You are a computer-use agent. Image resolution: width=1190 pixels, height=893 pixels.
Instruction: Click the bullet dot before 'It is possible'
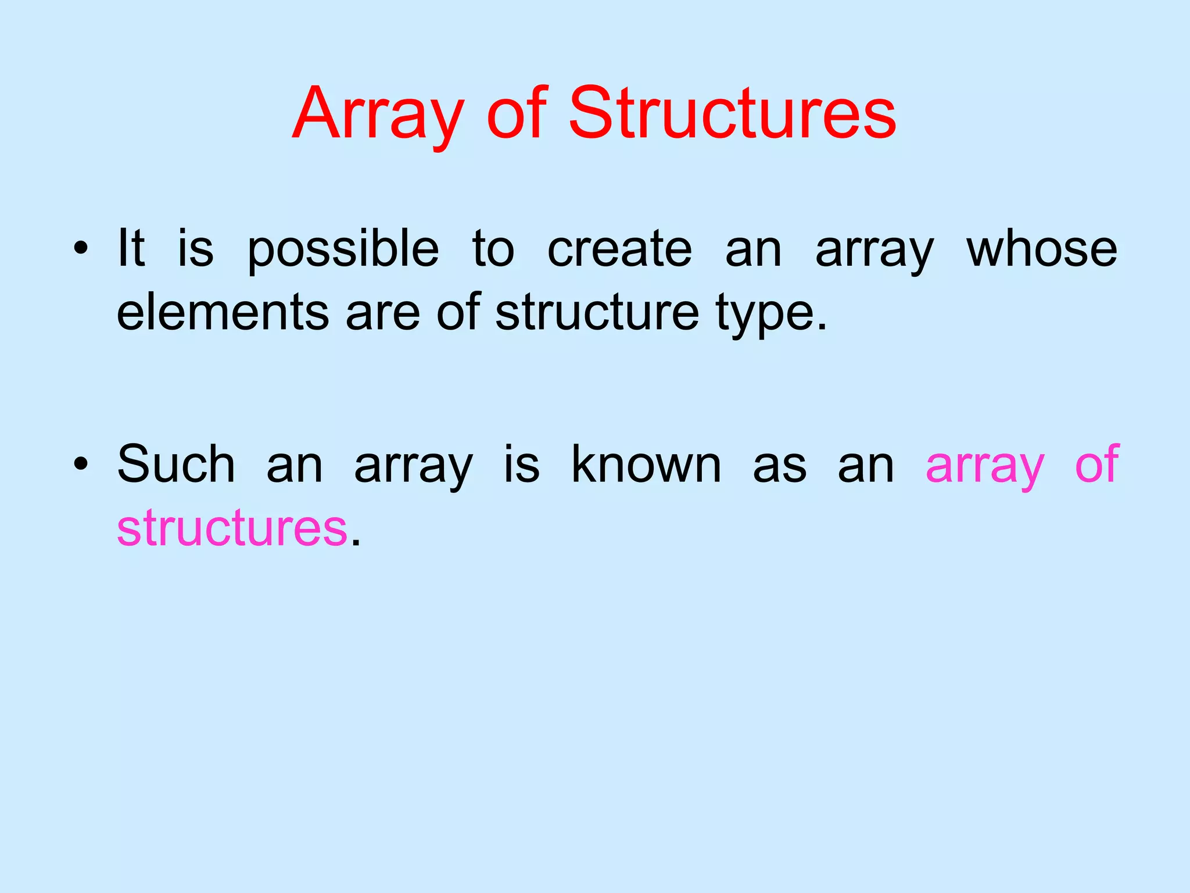pyautogui.click(x=81, y=249)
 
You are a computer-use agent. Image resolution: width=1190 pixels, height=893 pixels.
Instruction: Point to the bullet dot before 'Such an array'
pyautogui.click(x=81, y=465)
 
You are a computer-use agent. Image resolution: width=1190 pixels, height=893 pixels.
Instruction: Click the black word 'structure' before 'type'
pyautogui.click(x=597, y=313)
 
